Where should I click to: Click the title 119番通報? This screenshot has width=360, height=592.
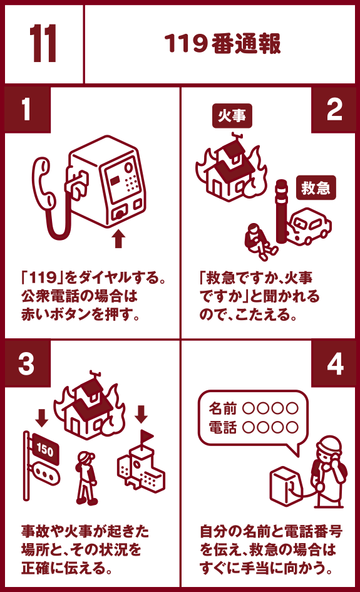click(x=223, y=43)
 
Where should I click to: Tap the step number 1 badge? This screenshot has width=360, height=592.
click(x=27, y=110)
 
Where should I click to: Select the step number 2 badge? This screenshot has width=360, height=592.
click(x=333, y=110)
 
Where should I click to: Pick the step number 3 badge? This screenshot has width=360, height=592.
click(x=27, y=363)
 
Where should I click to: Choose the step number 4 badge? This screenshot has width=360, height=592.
click(x=333, y=363)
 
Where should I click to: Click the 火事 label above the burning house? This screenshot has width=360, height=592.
click(x=232, y=115)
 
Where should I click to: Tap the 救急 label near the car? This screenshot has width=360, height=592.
click(x=316, y=188)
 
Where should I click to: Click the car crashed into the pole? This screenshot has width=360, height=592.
click(x=309, y=226)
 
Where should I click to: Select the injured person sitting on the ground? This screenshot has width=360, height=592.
click(x=259, y=242)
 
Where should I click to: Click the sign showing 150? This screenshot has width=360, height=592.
click(x=45, y=449)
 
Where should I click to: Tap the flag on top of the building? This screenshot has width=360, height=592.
click(x=146, y=437)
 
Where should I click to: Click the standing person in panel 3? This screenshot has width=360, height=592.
click(x=87, y=478)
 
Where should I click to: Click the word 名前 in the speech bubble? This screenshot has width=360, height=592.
click(x=223, y=408)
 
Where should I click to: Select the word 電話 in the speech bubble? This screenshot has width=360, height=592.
click(x=223, y=427)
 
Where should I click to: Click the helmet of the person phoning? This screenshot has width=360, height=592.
click(x=329, y=445)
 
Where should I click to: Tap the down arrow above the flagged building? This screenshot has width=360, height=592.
click(x=141, y=414)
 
